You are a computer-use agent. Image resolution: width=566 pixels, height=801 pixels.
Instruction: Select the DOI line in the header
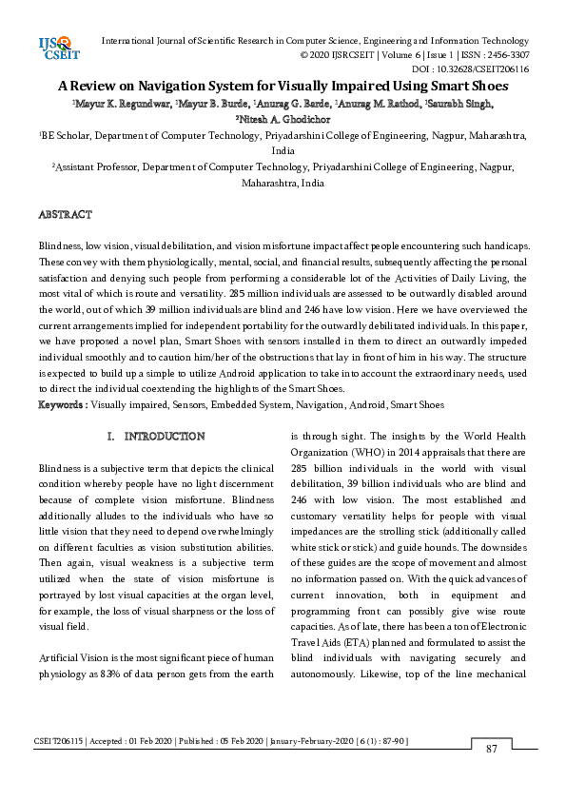tap(471, 69)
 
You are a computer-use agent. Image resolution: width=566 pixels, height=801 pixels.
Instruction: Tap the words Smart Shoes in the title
tap(467, 85)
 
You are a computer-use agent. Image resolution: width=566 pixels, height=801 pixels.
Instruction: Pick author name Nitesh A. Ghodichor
tap(283, 119)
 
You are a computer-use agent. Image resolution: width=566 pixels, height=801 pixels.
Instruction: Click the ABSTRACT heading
tap(65, 215)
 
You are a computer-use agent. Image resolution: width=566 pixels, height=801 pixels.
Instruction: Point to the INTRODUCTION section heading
tap(164, 437)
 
